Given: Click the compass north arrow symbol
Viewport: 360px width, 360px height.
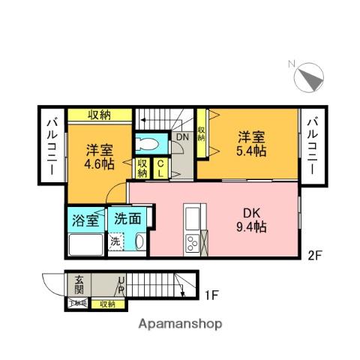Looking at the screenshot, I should [x=308, y=78].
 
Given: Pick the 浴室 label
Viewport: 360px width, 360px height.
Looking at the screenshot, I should [x=85, y=220].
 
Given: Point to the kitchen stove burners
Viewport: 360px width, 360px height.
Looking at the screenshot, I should [x=192, y=244].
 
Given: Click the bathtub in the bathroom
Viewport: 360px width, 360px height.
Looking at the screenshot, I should [x=85, y=244].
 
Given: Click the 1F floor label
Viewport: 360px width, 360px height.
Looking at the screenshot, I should [x=212, y=295].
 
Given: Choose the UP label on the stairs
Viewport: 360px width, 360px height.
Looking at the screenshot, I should [x=120, y=285].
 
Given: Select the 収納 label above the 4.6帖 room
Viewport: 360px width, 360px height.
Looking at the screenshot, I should [x=100, y=115].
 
